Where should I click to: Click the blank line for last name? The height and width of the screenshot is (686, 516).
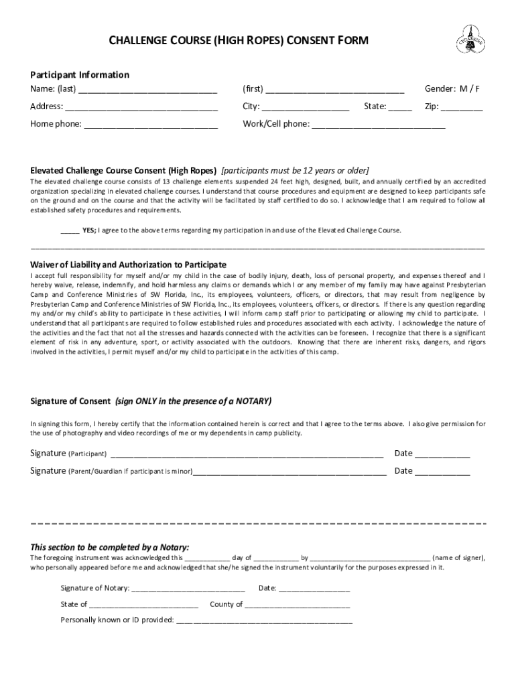(147, 90)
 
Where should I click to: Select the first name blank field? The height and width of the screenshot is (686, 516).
(335, 90)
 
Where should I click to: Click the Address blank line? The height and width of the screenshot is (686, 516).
(141, 107)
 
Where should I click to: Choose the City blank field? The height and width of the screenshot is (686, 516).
(306, 107)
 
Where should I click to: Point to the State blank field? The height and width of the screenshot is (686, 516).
(400, 107)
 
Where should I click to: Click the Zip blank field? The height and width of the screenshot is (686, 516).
(462, 107)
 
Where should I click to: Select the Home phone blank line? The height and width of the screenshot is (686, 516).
(151, 125)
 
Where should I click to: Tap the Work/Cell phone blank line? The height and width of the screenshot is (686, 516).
(379, 125)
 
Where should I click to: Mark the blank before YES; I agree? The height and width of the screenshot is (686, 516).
(70, 231)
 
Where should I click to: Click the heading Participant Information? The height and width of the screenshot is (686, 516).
(80, 74)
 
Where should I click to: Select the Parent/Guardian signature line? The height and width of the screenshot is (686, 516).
(289, 472)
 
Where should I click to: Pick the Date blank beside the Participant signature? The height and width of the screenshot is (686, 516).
(442, 455)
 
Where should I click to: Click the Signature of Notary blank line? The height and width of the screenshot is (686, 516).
(189, 590)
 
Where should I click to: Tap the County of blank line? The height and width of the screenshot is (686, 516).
(298, 606)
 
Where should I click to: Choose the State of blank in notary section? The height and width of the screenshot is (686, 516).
(144, 606)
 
